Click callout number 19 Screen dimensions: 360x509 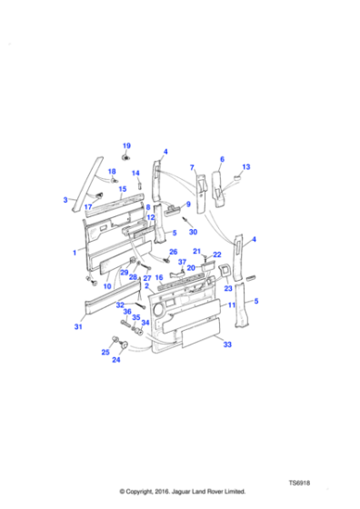click(x=126, y=145)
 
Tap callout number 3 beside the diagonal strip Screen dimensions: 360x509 click(x=65, y=200)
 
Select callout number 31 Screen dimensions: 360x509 click(x=78, y=326)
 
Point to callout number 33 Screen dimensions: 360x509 click(x=227, y=344)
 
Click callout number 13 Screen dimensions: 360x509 click(x=246, y=167)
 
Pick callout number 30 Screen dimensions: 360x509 click(x=193, y=232)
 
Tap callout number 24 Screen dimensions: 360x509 click(x=116, y=359)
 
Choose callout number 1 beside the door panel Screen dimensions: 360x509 click(x=75, y=253)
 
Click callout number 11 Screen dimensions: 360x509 click(x=232, y=305)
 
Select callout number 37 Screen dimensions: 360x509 click(x=182, y=262)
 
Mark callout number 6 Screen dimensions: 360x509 click(x=222, y=159)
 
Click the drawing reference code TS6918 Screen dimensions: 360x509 click(x=299, y=483)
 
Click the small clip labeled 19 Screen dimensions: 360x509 click(x=125, y=158)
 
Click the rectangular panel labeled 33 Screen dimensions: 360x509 click(x=201, y=333)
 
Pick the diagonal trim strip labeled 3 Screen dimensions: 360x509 click(x=87, y=185)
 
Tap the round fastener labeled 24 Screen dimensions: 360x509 click(x=124, y=344)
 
